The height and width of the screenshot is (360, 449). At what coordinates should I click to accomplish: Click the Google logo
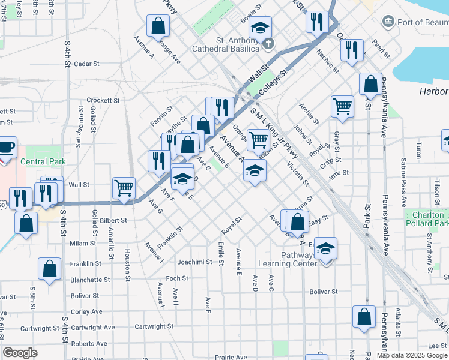[20, 353]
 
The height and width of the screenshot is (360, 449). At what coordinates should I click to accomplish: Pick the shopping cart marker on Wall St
[124, 187]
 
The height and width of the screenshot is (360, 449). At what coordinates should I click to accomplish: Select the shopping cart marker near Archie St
[342, 107]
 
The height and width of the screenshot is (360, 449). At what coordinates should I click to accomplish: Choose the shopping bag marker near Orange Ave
[158, 26]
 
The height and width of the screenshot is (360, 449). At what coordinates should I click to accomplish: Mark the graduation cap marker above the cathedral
[261, 27]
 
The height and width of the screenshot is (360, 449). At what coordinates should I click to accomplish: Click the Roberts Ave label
[89, 344]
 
